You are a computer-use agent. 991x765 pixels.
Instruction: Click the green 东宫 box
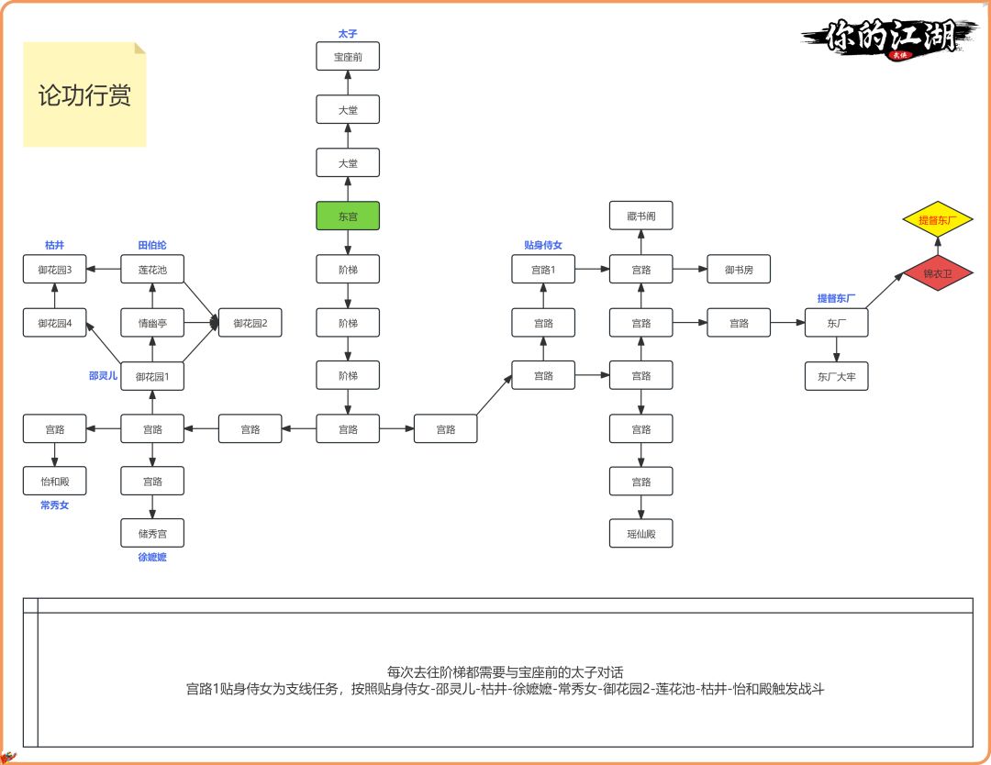348,216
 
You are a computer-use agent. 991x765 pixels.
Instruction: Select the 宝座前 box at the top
348,57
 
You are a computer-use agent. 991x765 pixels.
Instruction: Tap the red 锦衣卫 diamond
938,273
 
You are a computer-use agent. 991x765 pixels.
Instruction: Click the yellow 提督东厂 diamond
938,220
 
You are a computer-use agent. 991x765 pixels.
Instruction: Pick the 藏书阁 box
641,216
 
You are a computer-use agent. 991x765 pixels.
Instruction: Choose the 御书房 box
739,270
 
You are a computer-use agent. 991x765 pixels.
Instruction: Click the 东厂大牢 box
836,376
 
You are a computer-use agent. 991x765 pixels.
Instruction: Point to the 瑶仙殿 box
641,533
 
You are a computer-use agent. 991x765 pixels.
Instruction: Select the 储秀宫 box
152,533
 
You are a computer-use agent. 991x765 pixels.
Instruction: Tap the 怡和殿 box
55,481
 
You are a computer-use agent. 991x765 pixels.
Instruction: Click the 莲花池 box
152,270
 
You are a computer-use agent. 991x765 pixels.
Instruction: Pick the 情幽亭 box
152,323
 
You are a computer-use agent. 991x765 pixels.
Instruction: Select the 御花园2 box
251,323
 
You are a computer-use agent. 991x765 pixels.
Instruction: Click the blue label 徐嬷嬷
152,557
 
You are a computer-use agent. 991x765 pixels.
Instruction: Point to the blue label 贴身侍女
543,245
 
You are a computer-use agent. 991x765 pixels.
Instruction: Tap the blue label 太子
348,33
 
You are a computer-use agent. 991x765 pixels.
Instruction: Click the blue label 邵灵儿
103,375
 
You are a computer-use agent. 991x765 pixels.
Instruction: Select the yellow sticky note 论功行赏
84,94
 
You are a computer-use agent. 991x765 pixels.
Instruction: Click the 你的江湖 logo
885,39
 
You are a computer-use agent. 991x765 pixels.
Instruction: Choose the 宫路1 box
543,270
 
